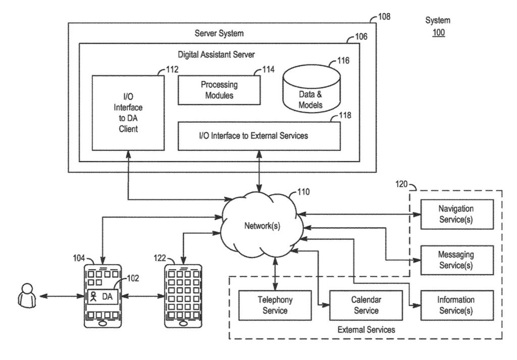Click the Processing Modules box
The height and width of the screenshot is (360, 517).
click(x=219, y=90)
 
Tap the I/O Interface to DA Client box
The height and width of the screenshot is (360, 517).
click(x=128, y=113)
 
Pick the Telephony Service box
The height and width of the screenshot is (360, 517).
click(x=275, y=305)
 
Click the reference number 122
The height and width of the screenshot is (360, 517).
click(x=160, y=258)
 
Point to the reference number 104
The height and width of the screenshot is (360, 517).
click(x=79, y=258)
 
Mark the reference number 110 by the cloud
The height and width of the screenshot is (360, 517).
click(x=303, y=192)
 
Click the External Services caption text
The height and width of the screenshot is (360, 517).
click(x=366, y=330)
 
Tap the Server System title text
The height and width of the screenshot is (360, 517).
click(x=219, y=33)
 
